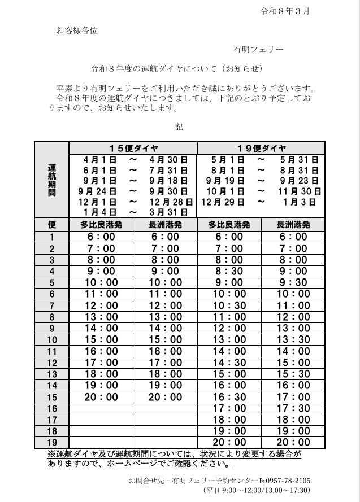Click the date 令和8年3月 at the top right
tap(285, 11)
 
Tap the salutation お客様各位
tap(77, 30)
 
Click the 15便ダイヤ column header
tap(133, 148)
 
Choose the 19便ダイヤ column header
tap(261, 148)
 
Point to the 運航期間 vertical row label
tap(51, 180)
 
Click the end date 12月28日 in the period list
tap(171, 202)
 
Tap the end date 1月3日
tap(300, 202)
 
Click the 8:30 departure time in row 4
tap(229, 271)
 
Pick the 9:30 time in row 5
tap(293, 282)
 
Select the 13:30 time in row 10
tap(293, 339)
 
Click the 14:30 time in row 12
tap(229, 363)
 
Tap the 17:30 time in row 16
tap(293, 408)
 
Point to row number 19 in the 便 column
tap(53, 442)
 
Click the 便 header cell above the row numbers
tap(52, 224)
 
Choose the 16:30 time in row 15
tap(229, 396)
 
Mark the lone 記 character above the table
tap(179, 127)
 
